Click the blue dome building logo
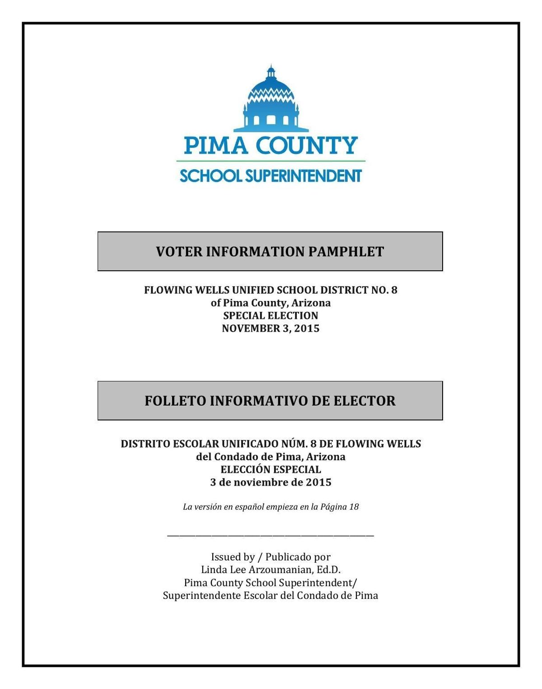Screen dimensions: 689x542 tap(271, 99)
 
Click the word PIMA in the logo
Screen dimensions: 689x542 tap(216, 145)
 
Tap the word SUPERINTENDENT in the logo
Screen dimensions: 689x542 tap(303, 176)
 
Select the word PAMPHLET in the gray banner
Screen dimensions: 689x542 tap(346, 252)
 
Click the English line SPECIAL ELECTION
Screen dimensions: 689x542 tap(271, 316)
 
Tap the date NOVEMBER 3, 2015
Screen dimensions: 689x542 tap(271, 328)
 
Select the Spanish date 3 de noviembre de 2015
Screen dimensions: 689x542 tap(271, 482)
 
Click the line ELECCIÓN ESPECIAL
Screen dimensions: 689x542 tap(271, 470)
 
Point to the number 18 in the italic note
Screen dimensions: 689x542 tap(354, 507)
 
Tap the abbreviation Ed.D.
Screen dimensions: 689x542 tap(329, 569)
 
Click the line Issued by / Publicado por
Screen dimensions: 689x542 tap(271, 557)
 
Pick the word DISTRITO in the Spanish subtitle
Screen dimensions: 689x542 tap(145, 444)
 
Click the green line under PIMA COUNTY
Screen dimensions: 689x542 tap(271, 161)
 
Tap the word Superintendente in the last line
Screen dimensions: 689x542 tap(201, 596)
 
